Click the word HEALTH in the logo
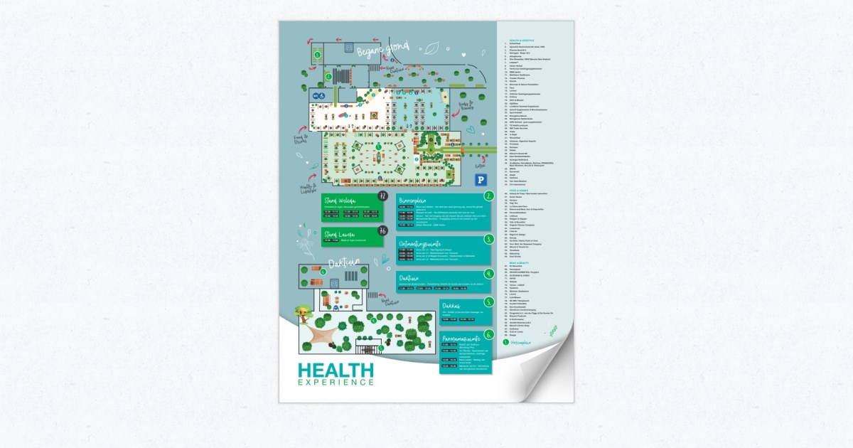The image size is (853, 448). (336, 370)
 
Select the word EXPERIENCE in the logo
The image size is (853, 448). (336, 383)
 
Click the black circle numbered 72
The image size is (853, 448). (383, 196)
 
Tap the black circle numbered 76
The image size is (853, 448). (383, 230)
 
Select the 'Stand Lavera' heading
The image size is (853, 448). (339, 233)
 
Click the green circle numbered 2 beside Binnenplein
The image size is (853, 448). (489, 196)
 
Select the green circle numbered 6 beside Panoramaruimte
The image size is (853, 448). (488, 334)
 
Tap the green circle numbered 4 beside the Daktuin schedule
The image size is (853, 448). (489, 274)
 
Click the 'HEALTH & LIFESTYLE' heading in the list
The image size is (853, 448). (516, 41)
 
